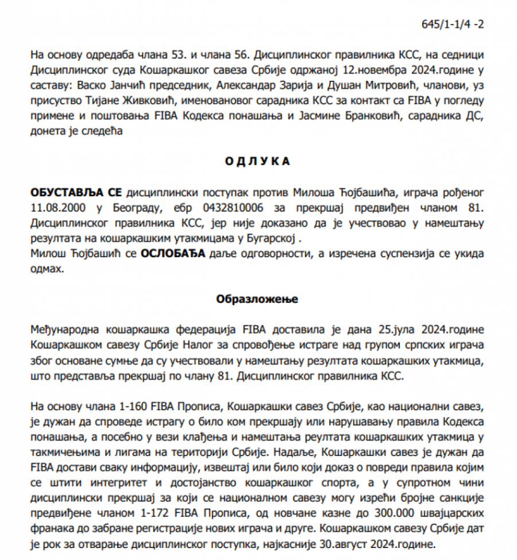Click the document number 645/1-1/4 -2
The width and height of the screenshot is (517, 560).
(x=452, y=25)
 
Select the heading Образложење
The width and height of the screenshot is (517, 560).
(x=257, y=299)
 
